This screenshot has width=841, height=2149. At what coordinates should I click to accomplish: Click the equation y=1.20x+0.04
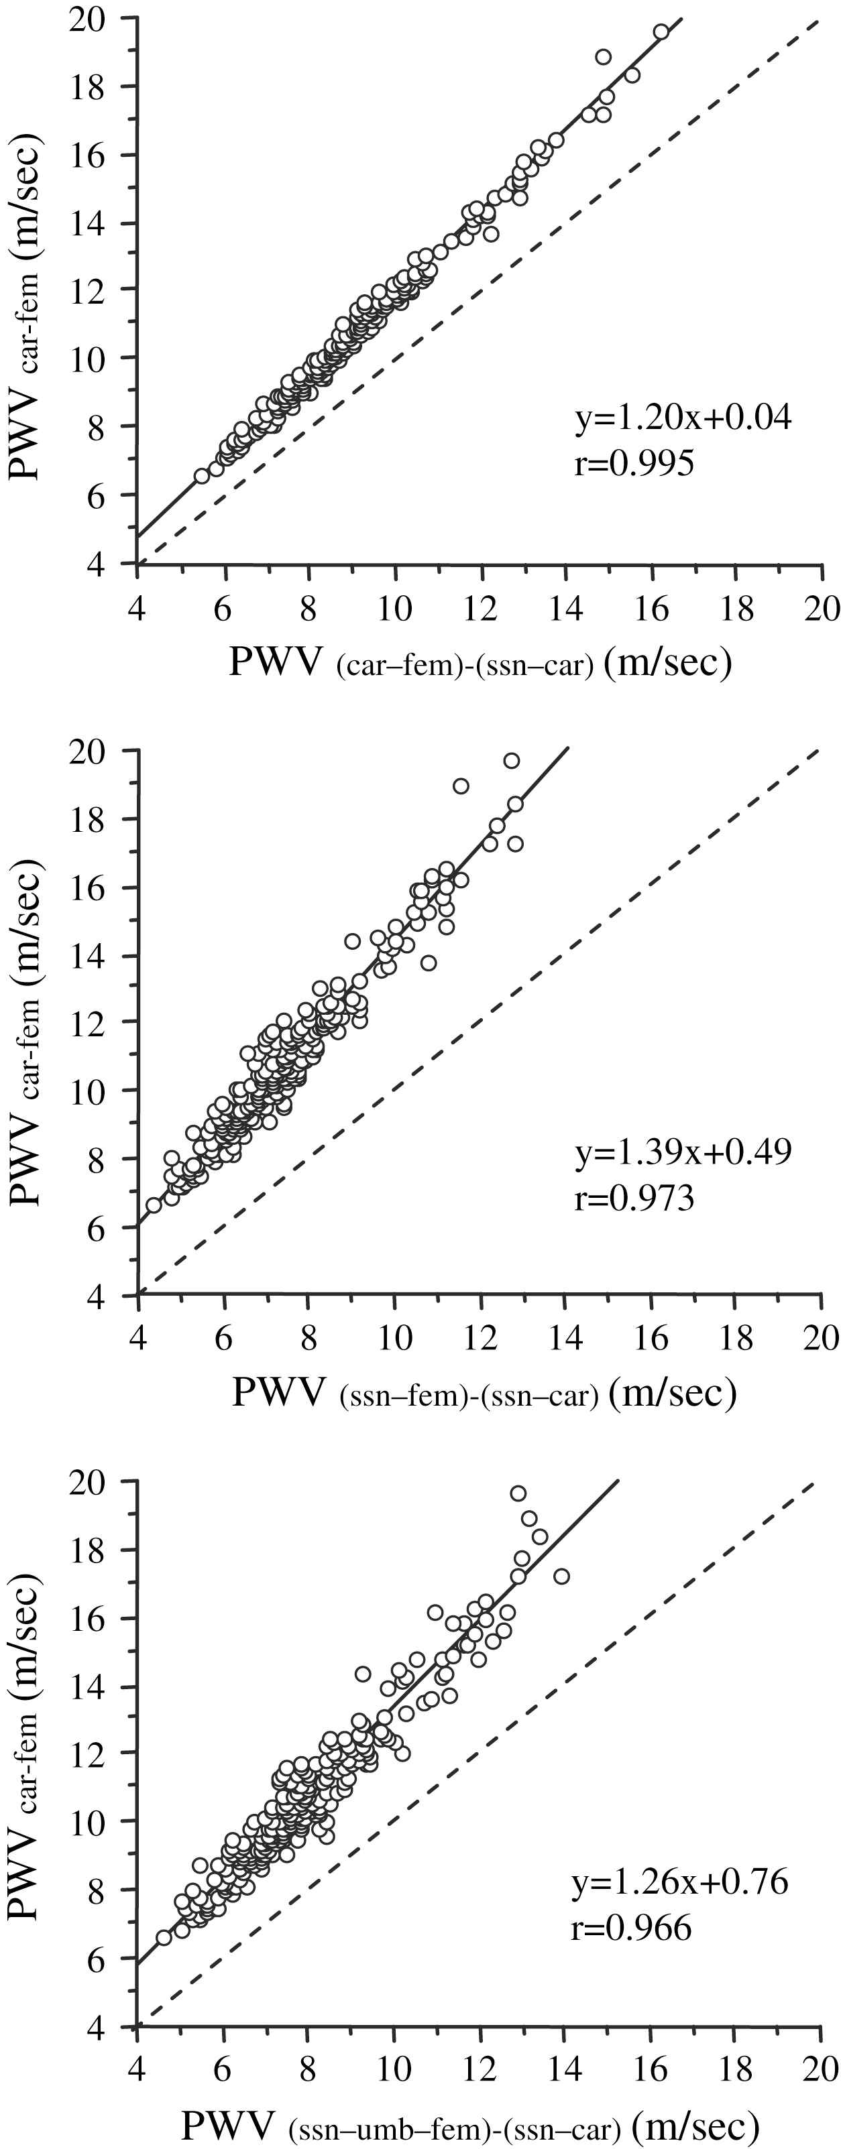683,417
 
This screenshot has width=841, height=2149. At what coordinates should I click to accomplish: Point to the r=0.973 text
634,1198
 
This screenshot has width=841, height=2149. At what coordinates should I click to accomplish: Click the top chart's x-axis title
480,663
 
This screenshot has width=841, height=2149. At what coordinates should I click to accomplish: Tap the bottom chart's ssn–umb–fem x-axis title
469,2124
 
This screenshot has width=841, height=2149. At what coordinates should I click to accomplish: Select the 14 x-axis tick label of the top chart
565,609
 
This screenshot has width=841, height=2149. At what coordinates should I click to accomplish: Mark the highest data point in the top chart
661,32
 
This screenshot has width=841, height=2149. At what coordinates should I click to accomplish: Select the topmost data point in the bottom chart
518,1493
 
